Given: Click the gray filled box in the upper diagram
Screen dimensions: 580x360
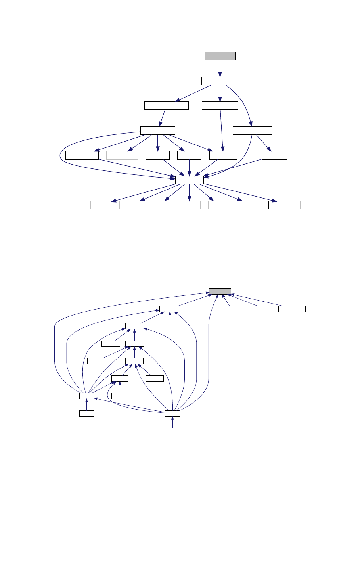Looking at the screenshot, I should point(220,56).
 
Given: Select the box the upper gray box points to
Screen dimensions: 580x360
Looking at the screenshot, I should point(220,81).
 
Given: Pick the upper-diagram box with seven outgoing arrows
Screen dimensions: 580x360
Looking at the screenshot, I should point(189,180).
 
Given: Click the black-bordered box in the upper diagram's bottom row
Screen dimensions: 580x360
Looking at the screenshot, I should point(252,205).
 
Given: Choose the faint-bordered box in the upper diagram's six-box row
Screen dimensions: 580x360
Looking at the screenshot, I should point(122,155).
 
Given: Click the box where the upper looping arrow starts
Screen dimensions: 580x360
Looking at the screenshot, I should point(158,130).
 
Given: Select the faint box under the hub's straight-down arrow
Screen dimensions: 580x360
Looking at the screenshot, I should point(189,205).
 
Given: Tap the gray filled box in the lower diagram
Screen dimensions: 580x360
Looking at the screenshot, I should point(220,291).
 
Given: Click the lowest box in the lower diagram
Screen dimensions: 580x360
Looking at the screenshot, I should point(172,431).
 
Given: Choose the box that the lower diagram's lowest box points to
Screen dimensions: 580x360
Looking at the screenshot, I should point(172,413).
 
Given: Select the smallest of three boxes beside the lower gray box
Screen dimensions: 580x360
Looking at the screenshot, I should point(295,309).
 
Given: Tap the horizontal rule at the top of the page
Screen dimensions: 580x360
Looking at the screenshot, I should point(180,0).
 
